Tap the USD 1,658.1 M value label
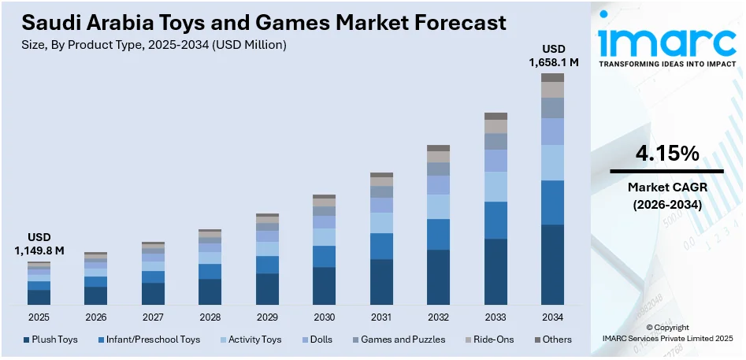pos(553,55)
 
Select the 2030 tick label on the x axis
pos(324,317)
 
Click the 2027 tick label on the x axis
pos(153,317)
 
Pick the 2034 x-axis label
pos(552,317)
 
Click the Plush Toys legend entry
pos(50,340)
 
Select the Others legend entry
pos(553,340)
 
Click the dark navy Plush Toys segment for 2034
pos(552,265)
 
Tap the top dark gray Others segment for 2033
pos(495,116)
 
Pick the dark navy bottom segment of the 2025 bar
pos(39,297)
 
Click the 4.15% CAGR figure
pos(666,154)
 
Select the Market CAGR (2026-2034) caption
pos(666,195)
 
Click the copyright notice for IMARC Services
pos(666,332)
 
